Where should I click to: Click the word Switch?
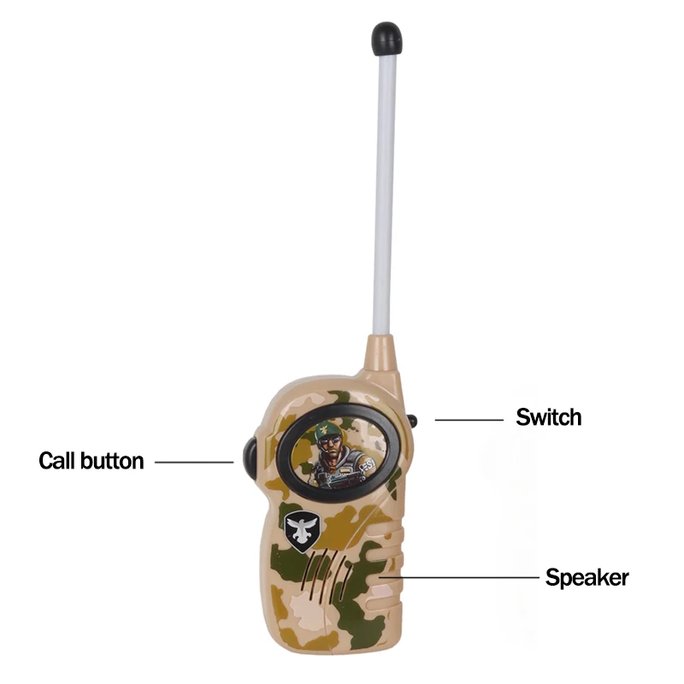(548, 417)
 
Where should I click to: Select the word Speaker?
(587, 577)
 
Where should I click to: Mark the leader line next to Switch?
(469, 420)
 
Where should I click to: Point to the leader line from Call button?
(193, 463)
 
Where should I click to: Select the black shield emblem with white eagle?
(300, 530)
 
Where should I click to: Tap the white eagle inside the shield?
(300, 528)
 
